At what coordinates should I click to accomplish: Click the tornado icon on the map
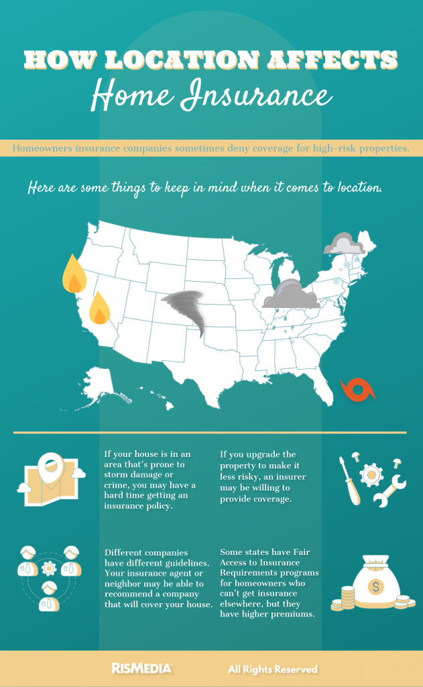(x=186, y=310)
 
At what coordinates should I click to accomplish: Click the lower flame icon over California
(x=100, y=309)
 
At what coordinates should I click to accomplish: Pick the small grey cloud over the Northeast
(x=343, y=244)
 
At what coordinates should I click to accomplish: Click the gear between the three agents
(x=49, y=570)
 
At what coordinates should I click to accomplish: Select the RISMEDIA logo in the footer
(x=141, y=668)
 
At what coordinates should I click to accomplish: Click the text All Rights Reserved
(x=272, y=669)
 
